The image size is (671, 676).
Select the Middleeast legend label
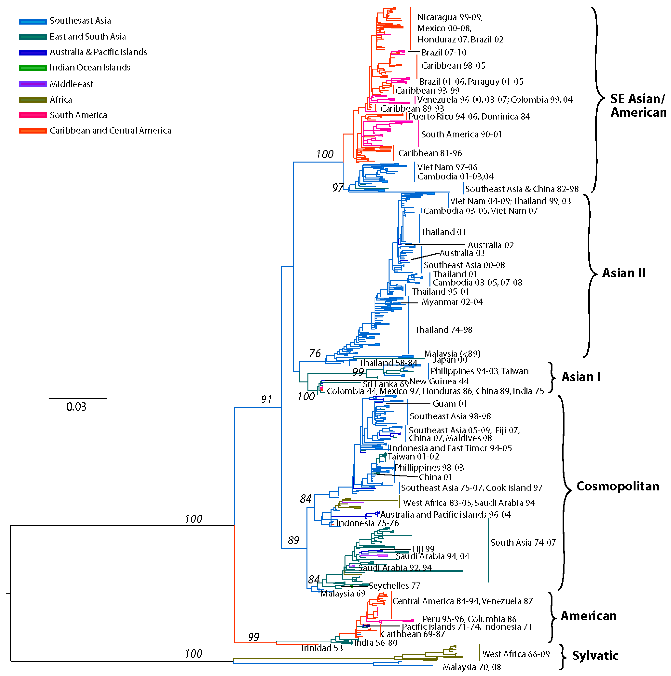pyautogui.click(x=71, y=84)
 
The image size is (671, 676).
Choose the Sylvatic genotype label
pyautogui.click(x=595, y=655)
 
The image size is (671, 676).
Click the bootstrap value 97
pyautogui.click(x=338, y=188)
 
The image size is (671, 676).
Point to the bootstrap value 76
pyautogui.click(x=314, y=353)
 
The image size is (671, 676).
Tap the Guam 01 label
pyautogui.click(x=450, y=404)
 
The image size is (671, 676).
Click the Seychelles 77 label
pyautogui.click(x=394, y=586)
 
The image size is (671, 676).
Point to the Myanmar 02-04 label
pyautogui.click(x=452, y=302)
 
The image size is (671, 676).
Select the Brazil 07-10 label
pyautogui.click(x=444, y=52)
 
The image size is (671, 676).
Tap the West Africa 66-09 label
pyautogui.click(x=516, y=654)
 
